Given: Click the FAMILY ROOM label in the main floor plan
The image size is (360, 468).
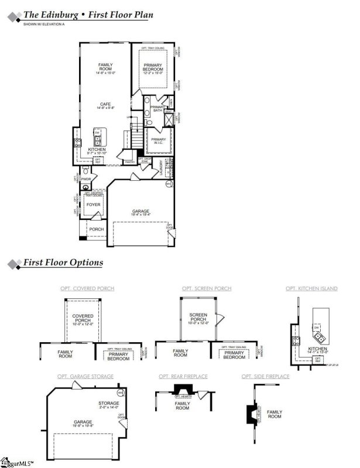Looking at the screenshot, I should (x=105, y=66).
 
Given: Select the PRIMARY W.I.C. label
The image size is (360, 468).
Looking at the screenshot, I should (x=159, y=140).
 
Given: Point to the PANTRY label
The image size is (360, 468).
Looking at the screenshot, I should (x=130, y=162).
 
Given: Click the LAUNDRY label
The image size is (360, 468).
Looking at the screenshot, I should (x=160, y=167).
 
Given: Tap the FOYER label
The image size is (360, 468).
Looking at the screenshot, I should (x=94, y=205).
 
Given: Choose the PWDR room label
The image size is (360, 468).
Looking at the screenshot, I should (x=86, y=179).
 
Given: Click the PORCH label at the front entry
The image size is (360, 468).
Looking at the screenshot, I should (x=96, y=229).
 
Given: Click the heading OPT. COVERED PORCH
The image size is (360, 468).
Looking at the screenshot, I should (x=87, y=288).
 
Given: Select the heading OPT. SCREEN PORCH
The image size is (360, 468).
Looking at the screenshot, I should (x=207, y=288).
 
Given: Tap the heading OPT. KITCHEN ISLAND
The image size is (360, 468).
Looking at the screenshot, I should (x=311, y=288).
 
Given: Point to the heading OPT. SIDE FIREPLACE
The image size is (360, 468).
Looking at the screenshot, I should (x=265, y=376).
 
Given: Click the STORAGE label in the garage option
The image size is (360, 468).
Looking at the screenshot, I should (x=108, y=403).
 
